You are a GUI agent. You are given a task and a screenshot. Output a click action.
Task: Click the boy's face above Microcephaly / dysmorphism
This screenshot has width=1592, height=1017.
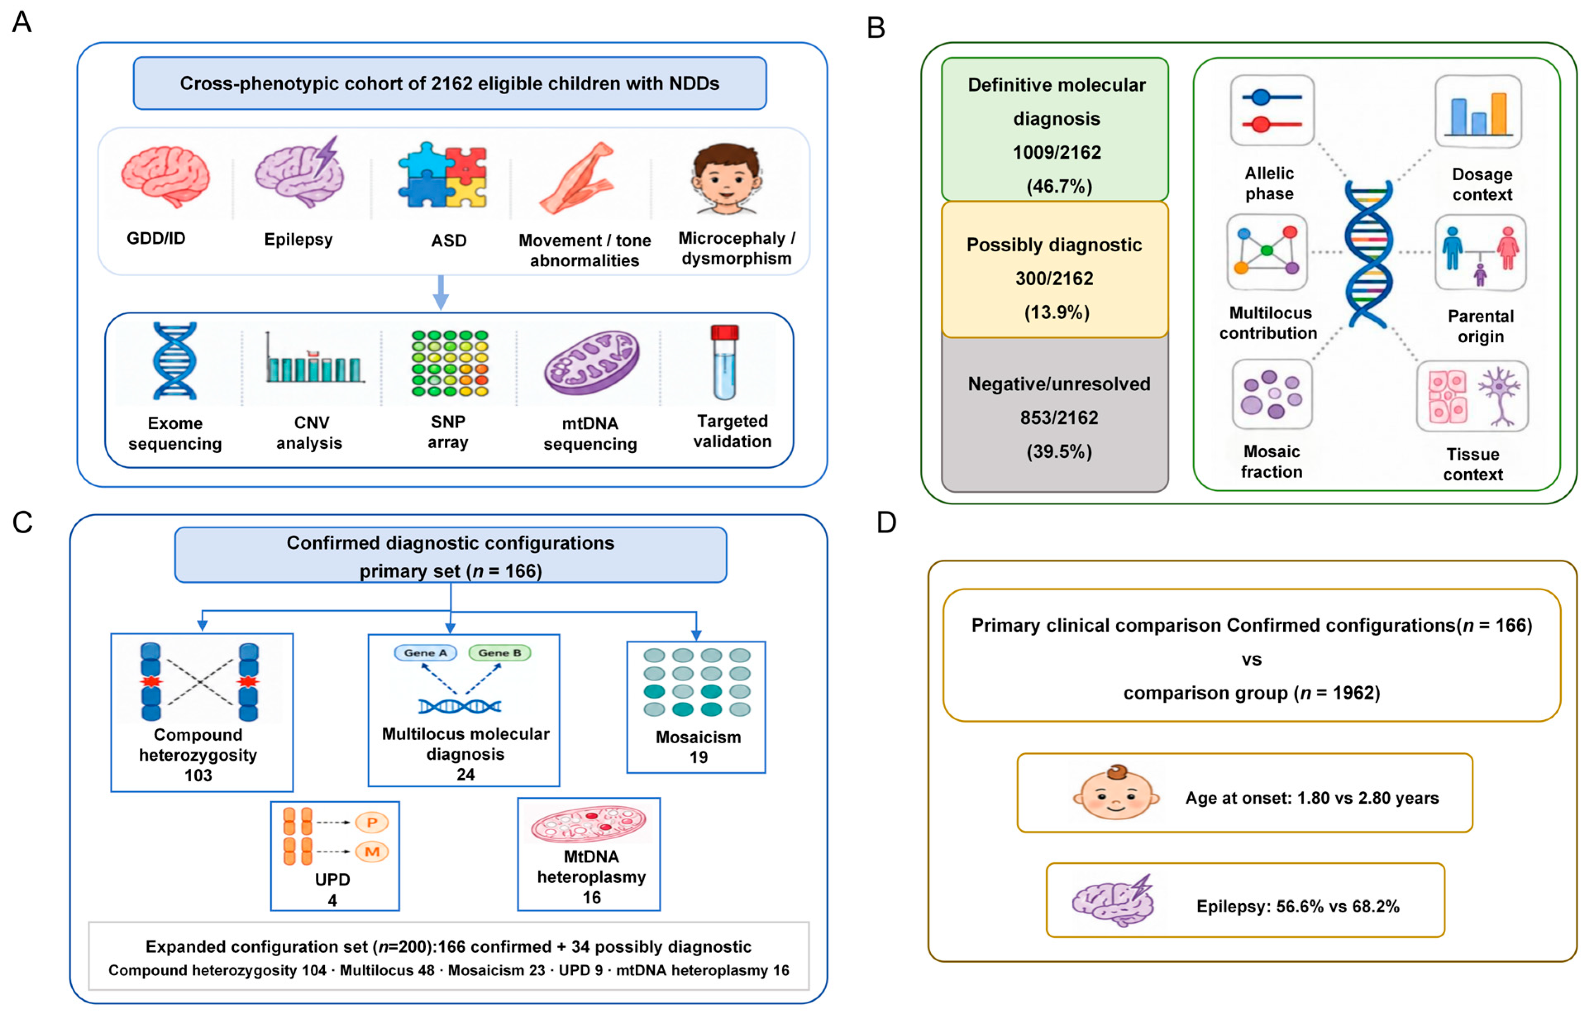coord(727,179)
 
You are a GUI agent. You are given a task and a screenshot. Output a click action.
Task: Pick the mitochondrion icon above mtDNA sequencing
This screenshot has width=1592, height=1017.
coord(592,363)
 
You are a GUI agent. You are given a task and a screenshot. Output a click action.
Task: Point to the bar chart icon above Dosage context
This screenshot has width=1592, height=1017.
coord(1478,111)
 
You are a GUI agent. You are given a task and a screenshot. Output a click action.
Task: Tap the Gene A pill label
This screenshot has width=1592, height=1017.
coord(426,653)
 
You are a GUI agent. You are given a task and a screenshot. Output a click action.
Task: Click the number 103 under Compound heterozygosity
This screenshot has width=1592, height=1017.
coord(198,775)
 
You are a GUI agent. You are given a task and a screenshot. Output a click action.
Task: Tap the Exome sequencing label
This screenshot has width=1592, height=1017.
coord(175,433)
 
